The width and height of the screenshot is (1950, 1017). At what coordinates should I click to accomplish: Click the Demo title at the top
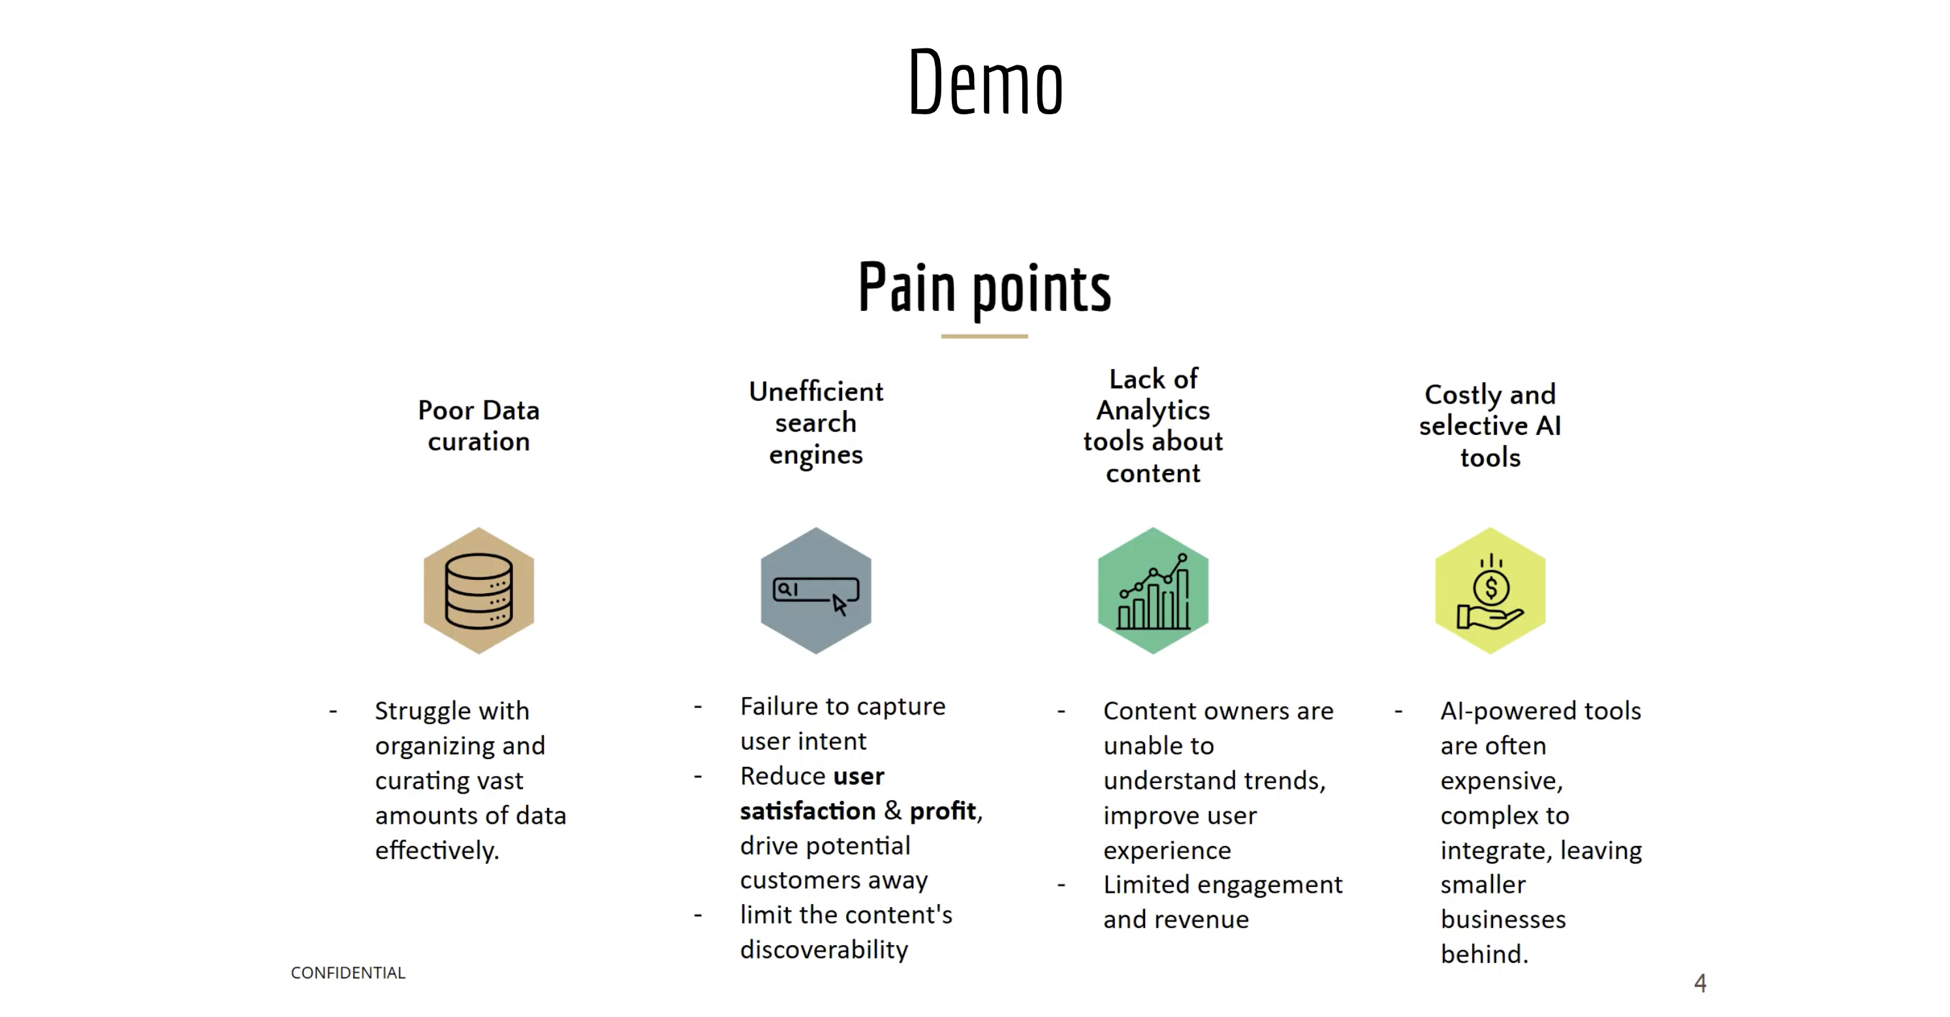pyautogui.click(x=985, y=82)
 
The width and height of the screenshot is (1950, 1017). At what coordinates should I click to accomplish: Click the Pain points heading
pyautogui.click(x=984, y=288)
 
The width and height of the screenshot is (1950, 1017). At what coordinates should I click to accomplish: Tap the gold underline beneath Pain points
pyautogui.click(x=984, y=336)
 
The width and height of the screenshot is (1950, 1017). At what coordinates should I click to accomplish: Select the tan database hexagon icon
pyautogui.click(x=479, y=590)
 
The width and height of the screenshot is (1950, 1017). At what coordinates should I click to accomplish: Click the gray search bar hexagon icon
pyautogui.click(x=815, y=590)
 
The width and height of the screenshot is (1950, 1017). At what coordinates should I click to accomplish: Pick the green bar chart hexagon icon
pyautogui.click(x=1153, y=590)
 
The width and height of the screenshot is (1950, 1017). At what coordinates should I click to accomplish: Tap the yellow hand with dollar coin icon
pyautogui.click(x=1490, y=590)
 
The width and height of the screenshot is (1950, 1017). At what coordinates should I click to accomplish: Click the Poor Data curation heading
pyautogui.click(x=479, y=426)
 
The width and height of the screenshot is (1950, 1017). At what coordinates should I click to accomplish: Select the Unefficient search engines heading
pyautogui.click(x=815, y=423)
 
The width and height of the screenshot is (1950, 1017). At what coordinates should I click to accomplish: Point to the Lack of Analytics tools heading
pyautogui.click(x=1153, y=426)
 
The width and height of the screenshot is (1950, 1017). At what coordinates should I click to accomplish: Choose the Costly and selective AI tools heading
pyautogui.click(x=1490, y=426)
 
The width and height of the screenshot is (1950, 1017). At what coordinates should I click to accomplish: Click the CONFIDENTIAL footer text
pyautogui.click(x=347, y=973)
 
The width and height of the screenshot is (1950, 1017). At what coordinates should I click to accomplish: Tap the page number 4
pyautogui.click(x=1699, y=983)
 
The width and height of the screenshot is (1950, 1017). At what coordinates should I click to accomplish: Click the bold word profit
pyautogui.click(x=943, y=811)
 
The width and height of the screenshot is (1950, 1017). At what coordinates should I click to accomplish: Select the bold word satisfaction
pyautogui.click(x=807, y=811)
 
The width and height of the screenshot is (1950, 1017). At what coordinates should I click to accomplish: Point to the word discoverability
pyautogui.click(x=824, y=950)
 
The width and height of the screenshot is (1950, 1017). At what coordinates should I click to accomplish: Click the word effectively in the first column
pyautogui.click(x=436, y=850)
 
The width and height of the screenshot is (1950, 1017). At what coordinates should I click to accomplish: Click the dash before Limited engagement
pyautogui.click(x=1061, y=884)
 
